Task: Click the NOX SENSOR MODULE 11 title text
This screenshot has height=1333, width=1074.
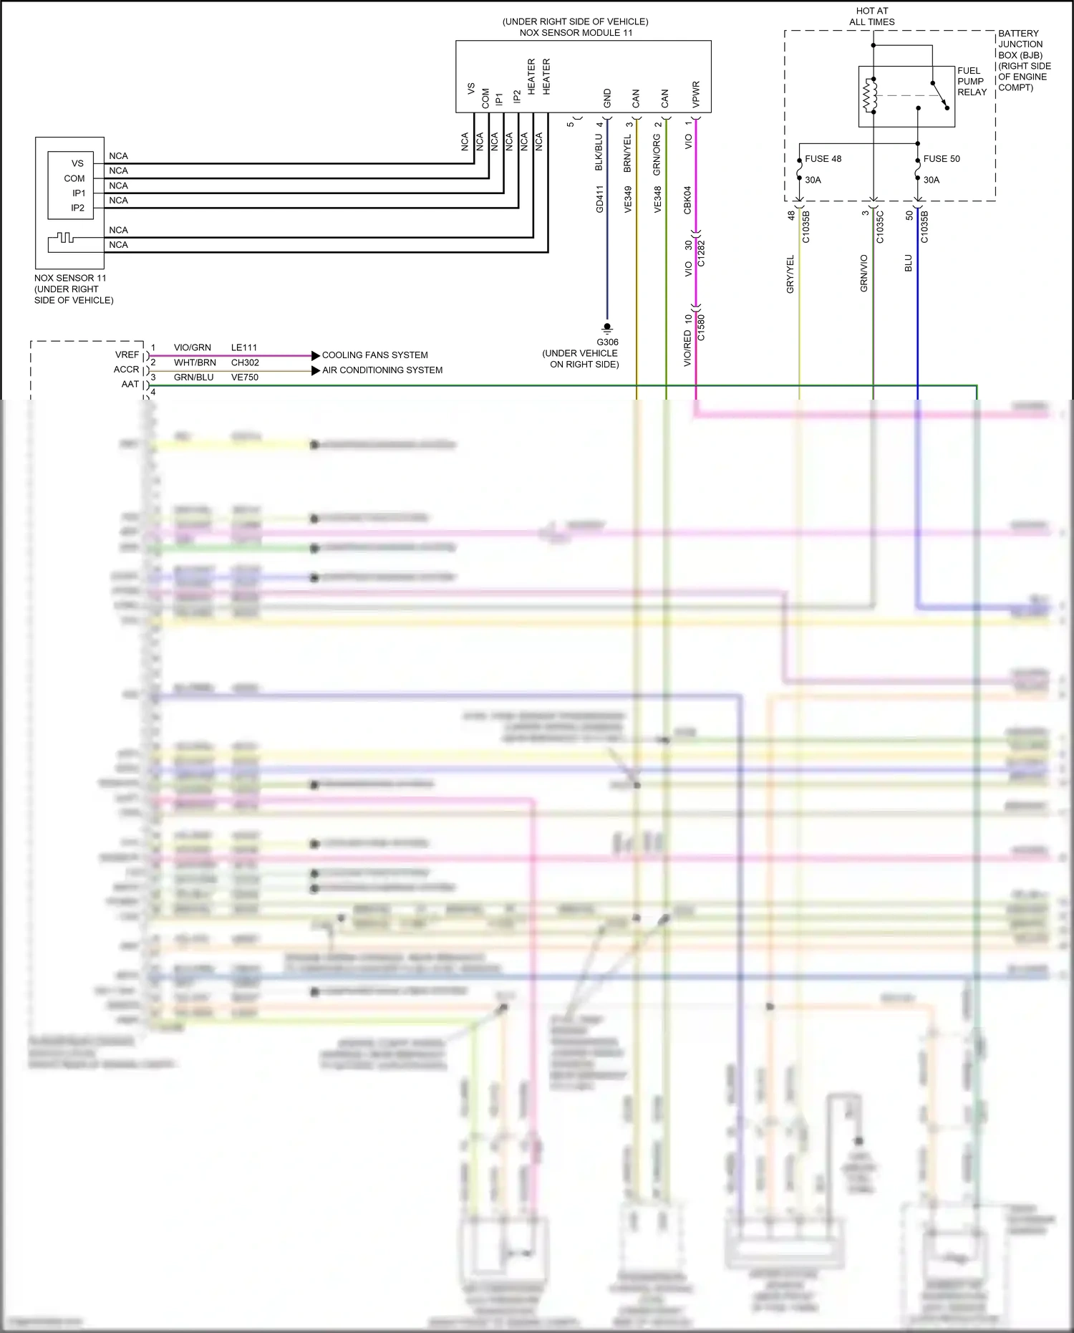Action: [576, 32]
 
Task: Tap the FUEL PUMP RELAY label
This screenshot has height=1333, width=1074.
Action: [972, 81]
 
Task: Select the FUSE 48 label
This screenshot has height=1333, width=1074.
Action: [823, 159]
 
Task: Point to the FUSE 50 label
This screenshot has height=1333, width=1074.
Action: [942, 159]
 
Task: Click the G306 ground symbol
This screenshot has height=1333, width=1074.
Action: [607, 328]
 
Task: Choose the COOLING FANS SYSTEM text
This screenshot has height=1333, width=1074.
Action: [374, 355]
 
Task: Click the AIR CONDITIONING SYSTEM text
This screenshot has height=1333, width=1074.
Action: [382, 370]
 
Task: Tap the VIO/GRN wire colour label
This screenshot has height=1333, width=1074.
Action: [192, 348]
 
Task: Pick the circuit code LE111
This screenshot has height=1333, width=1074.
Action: [243, 348]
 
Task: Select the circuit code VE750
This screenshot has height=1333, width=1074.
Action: [244, 377]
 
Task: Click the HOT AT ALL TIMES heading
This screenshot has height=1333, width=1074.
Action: [871, 16]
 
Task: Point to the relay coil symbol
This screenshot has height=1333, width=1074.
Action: [871, 95]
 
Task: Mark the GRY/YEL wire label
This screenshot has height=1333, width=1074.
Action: [790, 274]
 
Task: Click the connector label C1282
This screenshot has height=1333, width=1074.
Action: [701, 254]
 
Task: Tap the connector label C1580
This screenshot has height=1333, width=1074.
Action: [701, 327]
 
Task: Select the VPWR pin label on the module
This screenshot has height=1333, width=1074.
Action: [695, 95]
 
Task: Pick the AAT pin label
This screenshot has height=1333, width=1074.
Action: [130, 385]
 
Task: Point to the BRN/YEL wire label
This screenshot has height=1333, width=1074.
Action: [628, 153]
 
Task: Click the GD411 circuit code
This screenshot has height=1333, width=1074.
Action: [600, 199]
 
